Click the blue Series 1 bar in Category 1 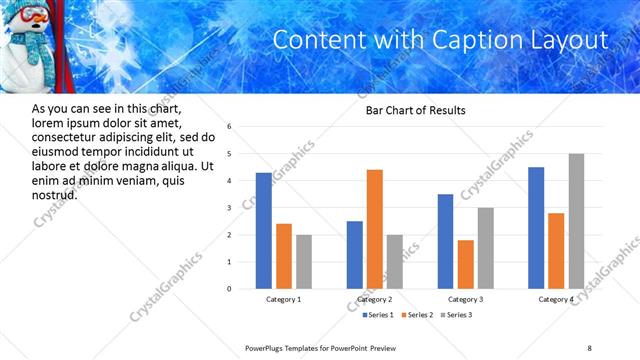263,231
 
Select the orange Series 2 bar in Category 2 375,229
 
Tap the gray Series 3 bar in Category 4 576,221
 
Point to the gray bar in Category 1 304,262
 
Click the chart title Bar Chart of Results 415,110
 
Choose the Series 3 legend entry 459,315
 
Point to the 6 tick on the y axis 229,127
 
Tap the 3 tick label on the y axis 229,208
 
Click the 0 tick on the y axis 229,289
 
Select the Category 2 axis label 375,299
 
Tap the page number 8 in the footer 589,347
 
